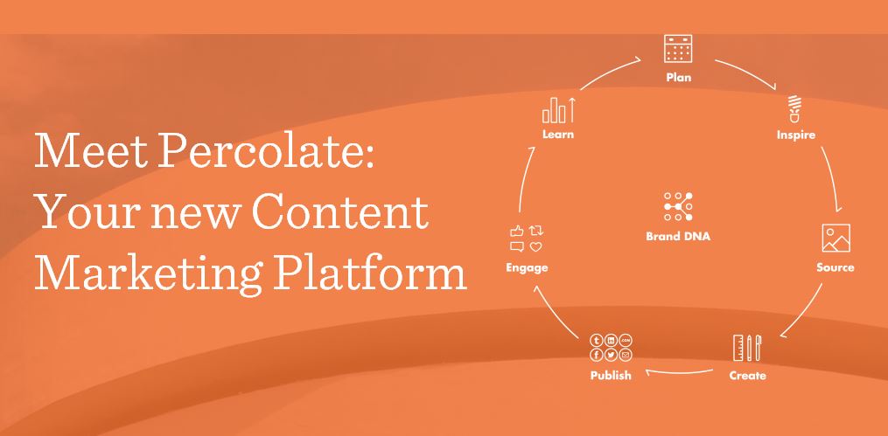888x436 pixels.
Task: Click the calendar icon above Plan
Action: [x=678, y=49]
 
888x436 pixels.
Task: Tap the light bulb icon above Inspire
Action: [x=795, y=109]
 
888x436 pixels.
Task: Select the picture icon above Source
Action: [x=836, y=238]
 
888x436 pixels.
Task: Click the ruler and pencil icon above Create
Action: [x=747, y=348]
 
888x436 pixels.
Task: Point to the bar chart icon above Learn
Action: [x=559, y=110]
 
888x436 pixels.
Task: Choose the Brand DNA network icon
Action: [x=678, y=206]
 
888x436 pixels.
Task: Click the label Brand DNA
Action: [x=678, y=237]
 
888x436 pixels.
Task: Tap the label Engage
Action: [x=527, y=267]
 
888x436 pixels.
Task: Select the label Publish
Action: [x=611, y=375]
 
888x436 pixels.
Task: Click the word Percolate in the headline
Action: [x=266, y=151]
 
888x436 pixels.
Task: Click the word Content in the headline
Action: [x=339, y=211]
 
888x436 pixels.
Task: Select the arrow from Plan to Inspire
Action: [x=746, y=73]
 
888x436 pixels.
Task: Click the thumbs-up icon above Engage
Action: [x=516, y=231]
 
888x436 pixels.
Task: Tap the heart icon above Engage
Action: [x=535, y=246]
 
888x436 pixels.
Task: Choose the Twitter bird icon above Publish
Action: [x=611, y=355]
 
